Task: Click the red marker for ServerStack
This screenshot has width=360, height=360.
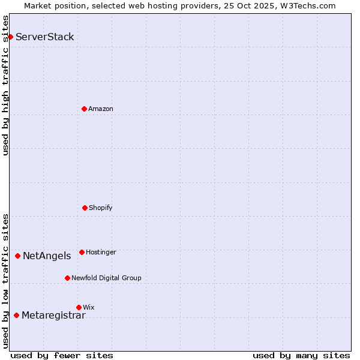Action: click(x=10, y=37)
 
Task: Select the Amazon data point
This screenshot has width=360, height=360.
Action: click(x=84, y=109)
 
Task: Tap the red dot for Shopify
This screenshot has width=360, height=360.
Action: click(x=85, y=208)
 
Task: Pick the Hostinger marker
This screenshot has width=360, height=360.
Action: click(x=82, y=252)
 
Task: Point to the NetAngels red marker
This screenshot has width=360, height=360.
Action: click(x=17, y=256)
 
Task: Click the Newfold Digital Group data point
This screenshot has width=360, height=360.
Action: click(x=67, y=278)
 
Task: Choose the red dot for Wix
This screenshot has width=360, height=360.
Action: click(x=79, y=307)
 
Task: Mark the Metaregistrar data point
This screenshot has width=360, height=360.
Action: click(x=16, y=315)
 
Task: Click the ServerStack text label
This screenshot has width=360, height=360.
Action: click(x=45, y=37)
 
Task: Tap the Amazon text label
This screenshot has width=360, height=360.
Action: click(x=101, y=109)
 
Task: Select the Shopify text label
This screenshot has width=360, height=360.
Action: click(x=101, y=208)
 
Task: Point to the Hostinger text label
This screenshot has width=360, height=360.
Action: click(x=101, y=253)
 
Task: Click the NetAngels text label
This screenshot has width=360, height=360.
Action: click(x=47, y=256)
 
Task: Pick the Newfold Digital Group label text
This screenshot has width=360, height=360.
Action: click(x=106, y=278)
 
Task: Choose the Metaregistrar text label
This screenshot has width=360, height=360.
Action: click(x=53, y=316)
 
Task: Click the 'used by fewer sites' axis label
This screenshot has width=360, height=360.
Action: click(x=62, y=355)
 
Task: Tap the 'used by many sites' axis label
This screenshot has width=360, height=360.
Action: click(x=301, y=355)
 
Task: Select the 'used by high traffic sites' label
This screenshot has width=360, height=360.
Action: click(x=6, y=85)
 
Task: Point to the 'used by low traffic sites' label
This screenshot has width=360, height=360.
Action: click(x=6, y=280)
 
